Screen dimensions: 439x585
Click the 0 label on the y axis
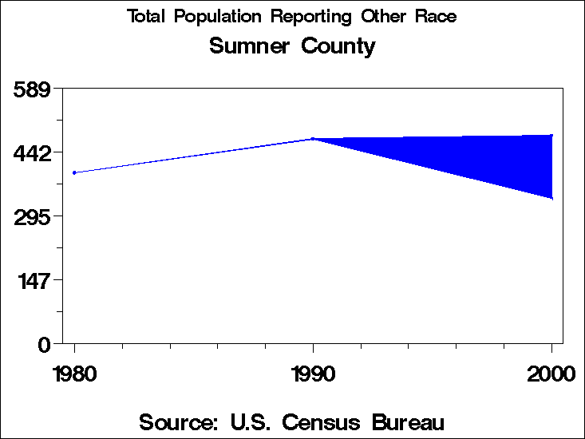[45, 344]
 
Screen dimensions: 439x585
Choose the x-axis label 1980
[74, 374]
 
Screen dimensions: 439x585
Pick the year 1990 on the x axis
[313, 374]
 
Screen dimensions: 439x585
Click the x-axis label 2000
[551, 374]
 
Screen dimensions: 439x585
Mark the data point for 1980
[74, 172]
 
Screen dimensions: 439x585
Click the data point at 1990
[313, 139]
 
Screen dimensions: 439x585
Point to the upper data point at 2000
[551, 136]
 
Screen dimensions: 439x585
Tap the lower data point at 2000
[551, 198]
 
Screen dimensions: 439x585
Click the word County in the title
[338, 46]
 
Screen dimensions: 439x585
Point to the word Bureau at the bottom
[405, 421]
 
